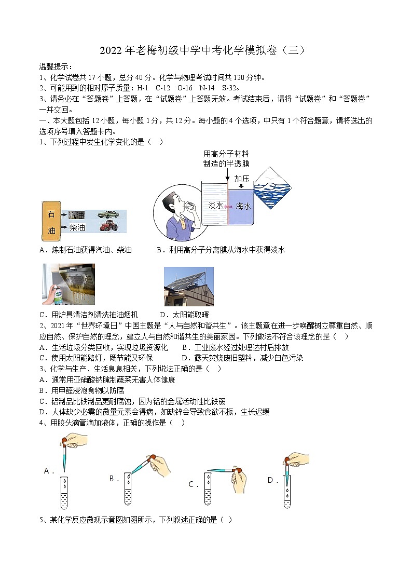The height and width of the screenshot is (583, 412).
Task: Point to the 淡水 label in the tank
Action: click(215, 206)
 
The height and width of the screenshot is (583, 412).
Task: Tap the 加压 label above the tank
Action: click(242, 179)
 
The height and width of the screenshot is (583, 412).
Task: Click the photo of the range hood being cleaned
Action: click(68, 284)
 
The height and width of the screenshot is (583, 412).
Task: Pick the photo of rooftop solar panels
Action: click(188, 287)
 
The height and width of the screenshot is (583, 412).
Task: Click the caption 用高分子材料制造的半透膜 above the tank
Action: click(226, 159)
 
